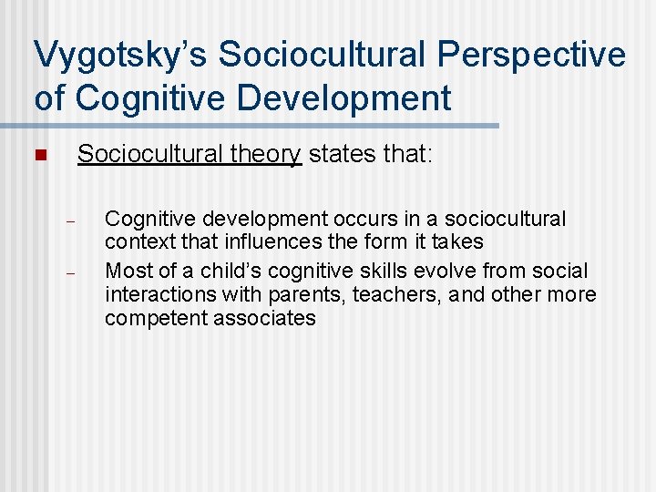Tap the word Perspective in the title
532,55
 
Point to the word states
338,155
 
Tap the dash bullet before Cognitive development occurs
68,220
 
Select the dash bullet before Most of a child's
68,272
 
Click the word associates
265,319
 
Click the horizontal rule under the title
250,125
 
